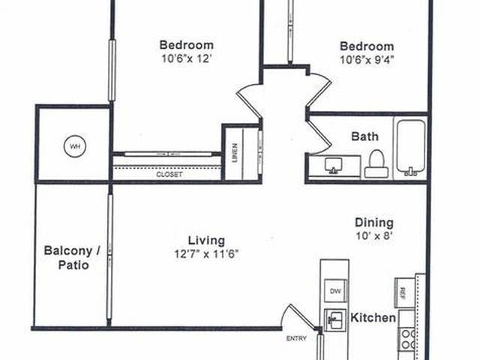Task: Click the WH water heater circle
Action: [75, 146]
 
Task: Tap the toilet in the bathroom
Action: [376, 163]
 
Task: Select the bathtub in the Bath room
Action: [411, 148]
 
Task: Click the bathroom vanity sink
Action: [333, 166]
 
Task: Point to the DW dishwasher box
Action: [335, 291]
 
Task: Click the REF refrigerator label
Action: [403, 292]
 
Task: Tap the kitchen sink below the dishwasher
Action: [335, 320]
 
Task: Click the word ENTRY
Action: [296, 338]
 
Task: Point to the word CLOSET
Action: [169, 175]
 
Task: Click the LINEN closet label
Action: [235, 153]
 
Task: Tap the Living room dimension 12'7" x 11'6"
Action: [206, 254]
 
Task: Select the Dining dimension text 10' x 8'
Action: [374, 236]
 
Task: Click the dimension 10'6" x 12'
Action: [187, 58]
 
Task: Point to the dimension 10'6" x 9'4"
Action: [367, 60]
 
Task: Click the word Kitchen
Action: [373, 317]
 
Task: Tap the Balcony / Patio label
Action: [72, 258]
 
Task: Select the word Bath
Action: [365, 136]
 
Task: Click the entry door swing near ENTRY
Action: [298, 316]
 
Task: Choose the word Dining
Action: [374, 223]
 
